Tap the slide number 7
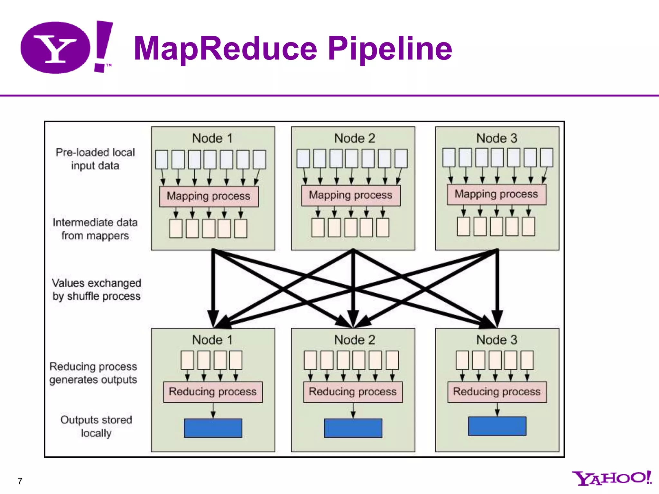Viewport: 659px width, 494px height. click(20, 481)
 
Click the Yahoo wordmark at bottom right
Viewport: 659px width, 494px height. click(611, 478)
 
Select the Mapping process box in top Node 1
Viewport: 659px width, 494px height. click(209, 196)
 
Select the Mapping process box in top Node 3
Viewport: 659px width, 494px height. click(496, 194)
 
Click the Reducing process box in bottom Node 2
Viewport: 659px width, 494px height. click(353, 392)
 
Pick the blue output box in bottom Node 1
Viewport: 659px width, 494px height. click(213, 428)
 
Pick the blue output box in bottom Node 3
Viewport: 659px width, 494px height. click(497, 426)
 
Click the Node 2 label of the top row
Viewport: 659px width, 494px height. click(354, 138)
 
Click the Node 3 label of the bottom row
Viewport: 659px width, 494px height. click(497, 340)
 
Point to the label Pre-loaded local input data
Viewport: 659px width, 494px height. click(95, 159)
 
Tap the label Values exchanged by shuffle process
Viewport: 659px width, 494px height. click(97, 289)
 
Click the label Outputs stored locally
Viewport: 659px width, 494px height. click(96, 426)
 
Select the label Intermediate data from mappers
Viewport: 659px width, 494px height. click(95, 229)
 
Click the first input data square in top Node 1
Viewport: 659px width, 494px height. click(162, 160)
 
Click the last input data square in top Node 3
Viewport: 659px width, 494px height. click(546, 158)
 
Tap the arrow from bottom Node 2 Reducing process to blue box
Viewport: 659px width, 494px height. click(353, 410)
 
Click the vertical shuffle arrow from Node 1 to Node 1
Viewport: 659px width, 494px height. click(213, 283)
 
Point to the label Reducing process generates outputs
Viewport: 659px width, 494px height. click(93, 373)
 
